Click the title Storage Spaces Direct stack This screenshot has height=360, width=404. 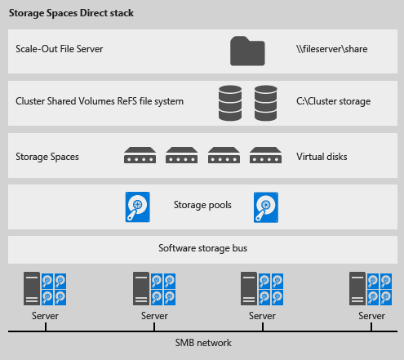pyautogui.click(x=72, y=14)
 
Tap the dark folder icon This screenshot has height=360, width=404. pyautogui.click(x=247, y=50)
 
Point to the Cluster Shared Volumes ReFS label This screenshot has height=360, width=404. pyautogui.click(x=100, y=101)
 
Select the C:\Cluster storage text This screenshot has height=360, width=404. pyautogui.click(x=335, y=101)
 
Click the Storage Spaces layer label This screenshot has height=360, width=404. pyautogui.click(x=47, y=155)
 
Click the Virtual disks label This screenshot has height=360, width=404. pyautogui.click(x=322, y=155)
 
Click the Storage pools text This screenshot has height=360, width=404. pyautogui.click(x=202, y=206)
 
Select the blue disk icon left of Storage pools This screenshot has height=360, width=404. pyautogui.click(x=137, y=207)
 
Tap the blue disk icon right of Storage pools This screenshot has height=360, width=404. pyautogui.click(x=266, y=207)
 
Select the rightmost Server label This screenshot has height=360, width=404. pyautogui.click(x=371, y=316)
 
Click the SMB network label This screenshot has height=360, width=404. pyautogui.click(x=202, y=343)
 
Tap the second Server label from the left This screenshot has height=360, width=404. pyautogui.click(x=153, y=316)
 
